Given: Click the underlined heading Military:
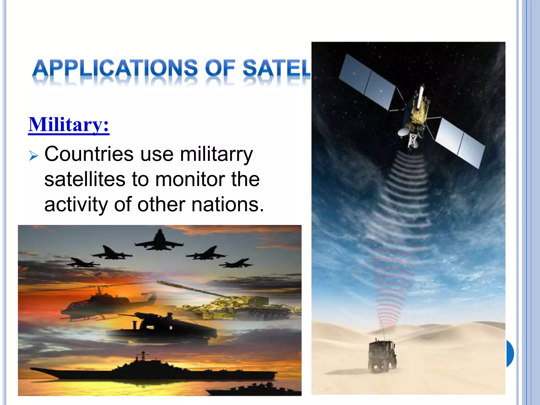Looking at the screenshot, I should point(69,125).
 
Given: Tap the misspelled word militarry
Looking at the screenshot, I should point(216,154).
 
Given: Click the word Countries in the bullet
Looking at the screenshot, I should point(89,154).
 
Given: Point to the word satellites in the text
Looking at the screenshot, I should point(84,180).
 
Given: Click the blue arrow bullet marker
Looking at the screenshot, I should point(33,156).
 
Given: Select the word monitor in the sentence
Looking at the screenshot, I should point(190,180).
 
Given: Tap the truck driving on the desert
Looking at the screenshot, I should point(382,355).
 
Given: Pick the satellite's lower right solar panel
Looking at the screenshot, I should point(460,142).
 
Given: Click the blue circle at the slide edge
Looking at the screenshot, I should point(510,353).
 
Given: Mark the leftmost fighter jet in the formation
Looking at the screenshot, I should point(82,263).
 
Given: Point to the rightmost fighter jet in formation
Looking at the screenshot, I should point(236,263).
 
